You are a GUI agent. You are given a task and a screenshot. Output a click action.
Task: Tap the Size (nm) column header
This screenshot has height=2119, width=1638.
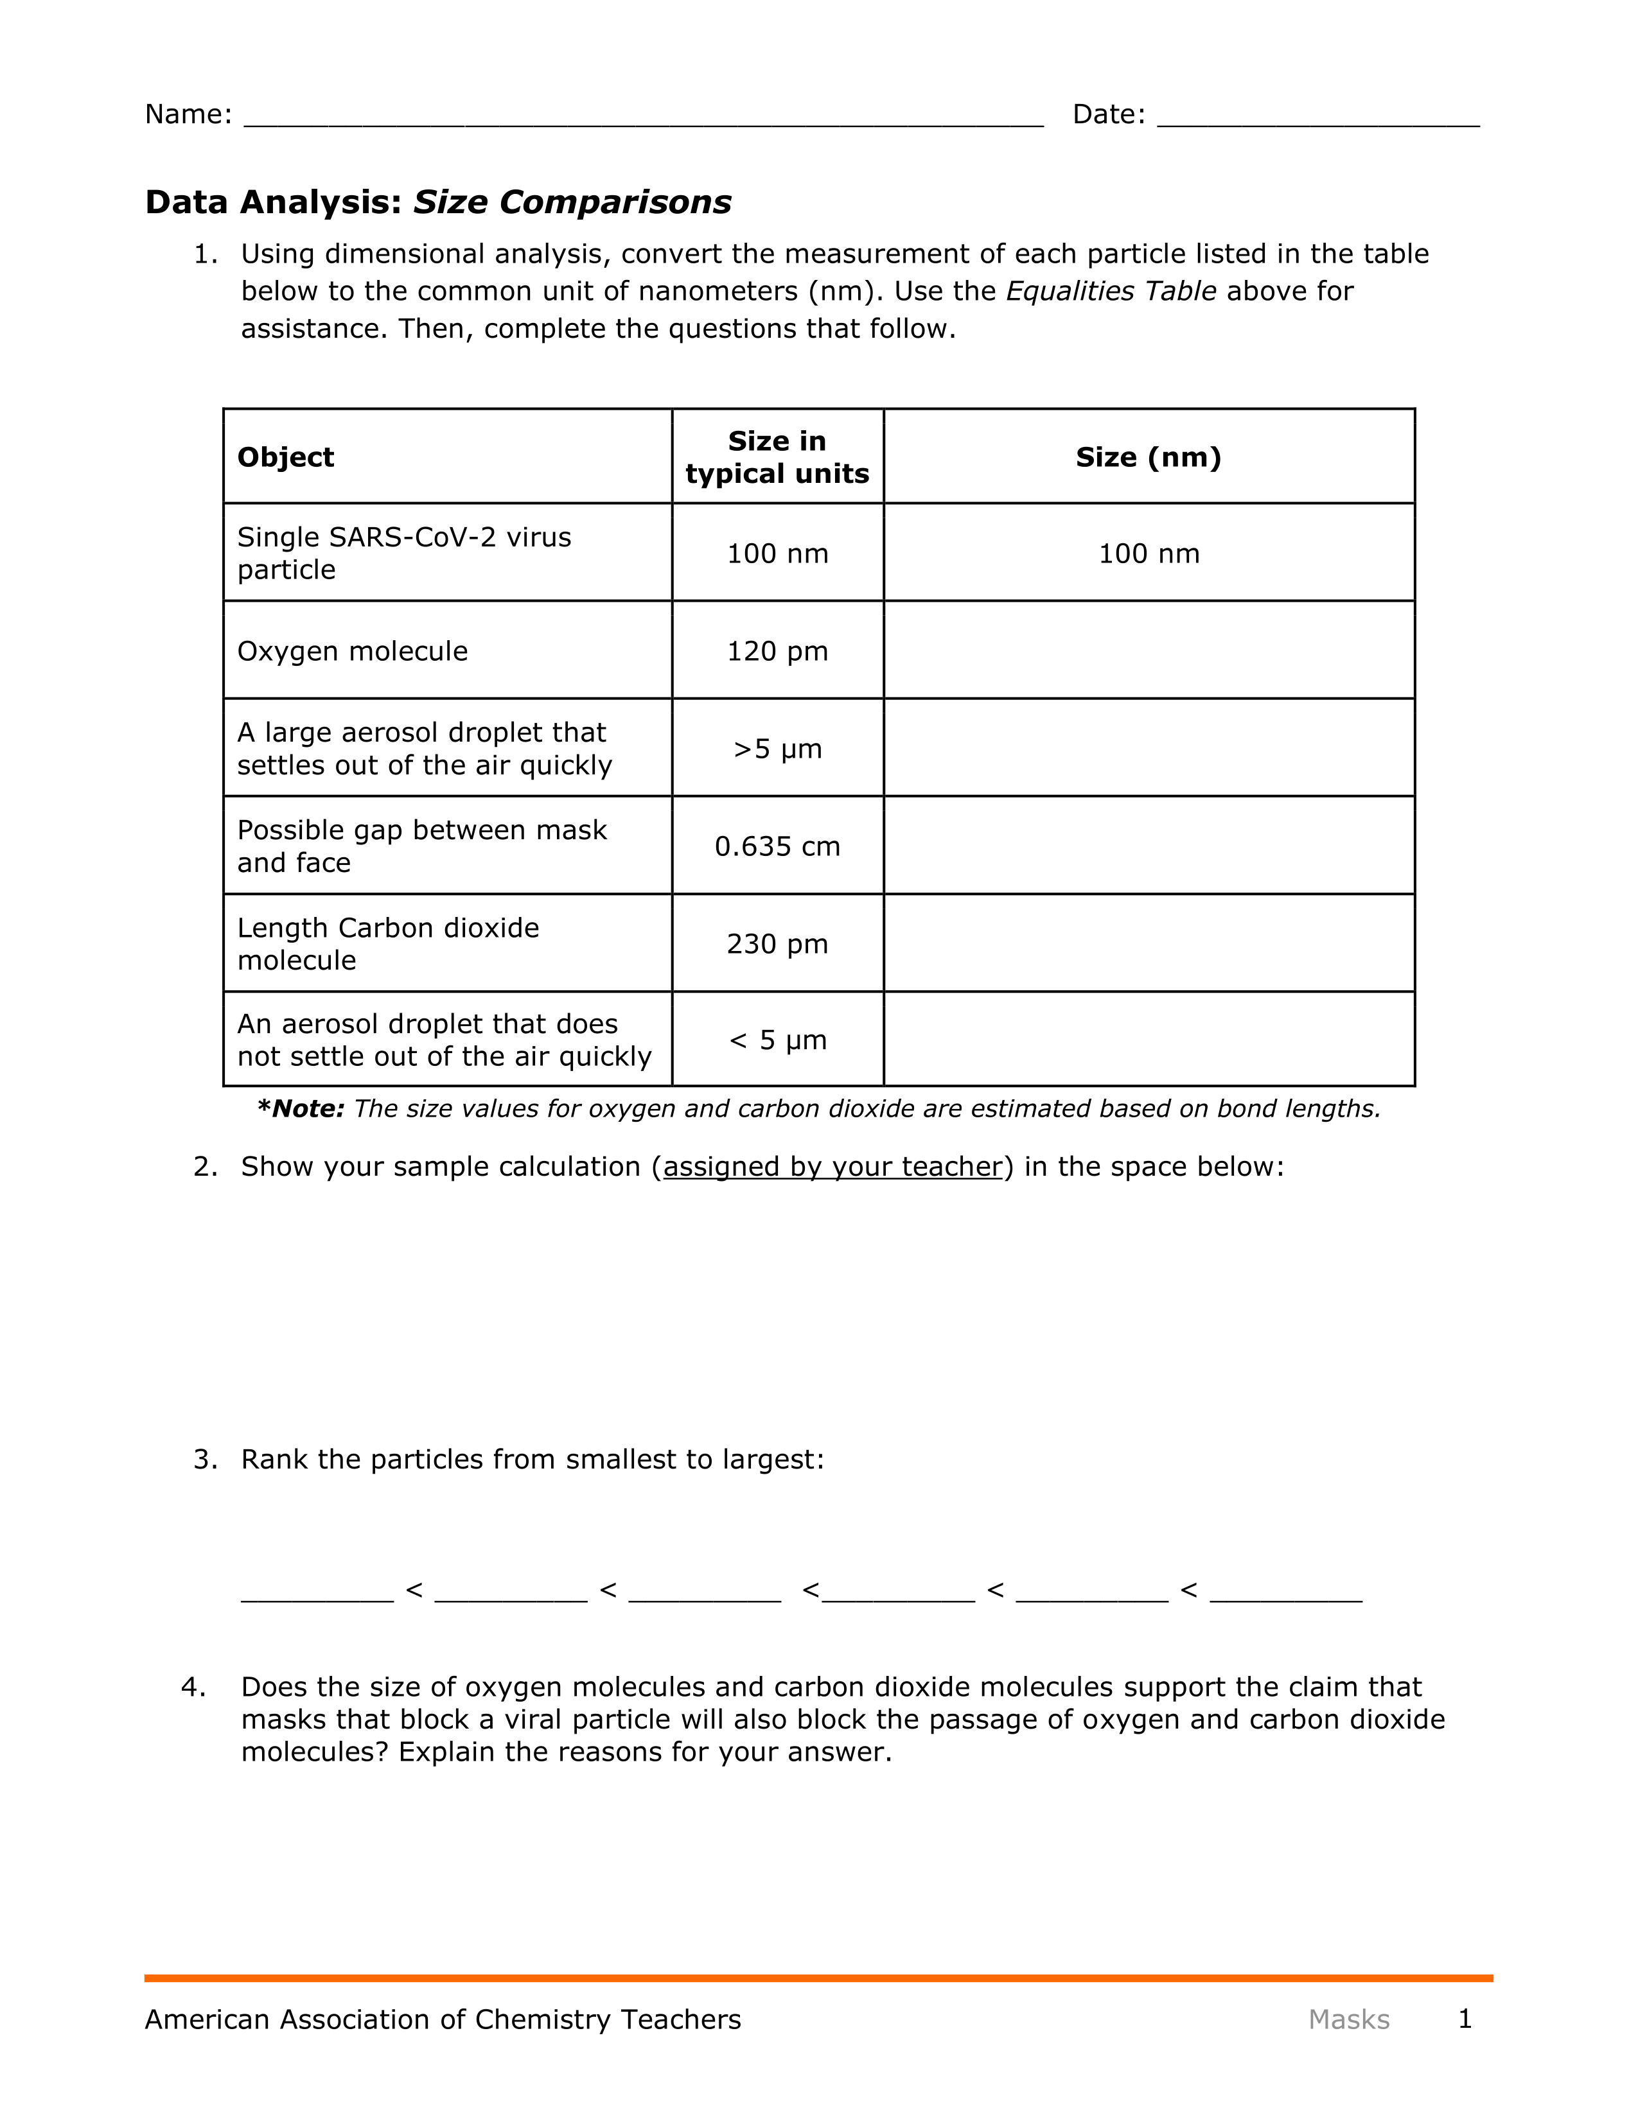point(1148,457)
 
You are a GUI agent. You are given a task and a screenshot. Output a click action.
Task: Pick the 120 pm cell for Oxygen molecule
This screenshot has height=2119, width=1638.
point(777,651)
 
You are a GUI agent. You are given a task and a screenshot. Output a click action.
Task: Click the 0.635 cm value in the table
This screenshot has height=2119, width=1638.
point(777,846)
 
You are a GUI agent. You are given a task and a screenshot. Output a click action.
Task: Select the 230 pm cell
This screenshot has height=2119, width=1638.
point(777,944)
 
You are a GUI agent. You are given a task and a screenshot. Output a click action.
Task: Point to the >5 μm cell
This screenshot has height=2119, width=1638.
point(777,749)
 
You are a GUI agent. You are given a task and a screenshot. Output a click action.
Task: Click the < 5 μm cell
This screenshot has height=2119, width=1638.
point(777,1040)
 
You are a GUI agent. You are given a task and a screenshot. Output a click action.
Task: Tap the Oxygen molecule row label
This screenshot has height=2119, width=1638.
point(352,651)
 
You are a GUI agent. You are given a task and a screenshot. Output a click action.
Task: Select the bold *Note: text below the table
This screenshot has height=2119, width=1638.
point(301,1109)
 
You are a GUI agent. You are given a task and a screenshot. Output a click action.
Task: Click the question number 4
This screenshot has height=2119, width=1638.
point(194,1687)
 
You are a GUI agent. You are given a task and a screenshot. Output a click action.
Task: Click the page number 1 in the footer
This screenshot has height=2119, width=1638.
point(1465,2019)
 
